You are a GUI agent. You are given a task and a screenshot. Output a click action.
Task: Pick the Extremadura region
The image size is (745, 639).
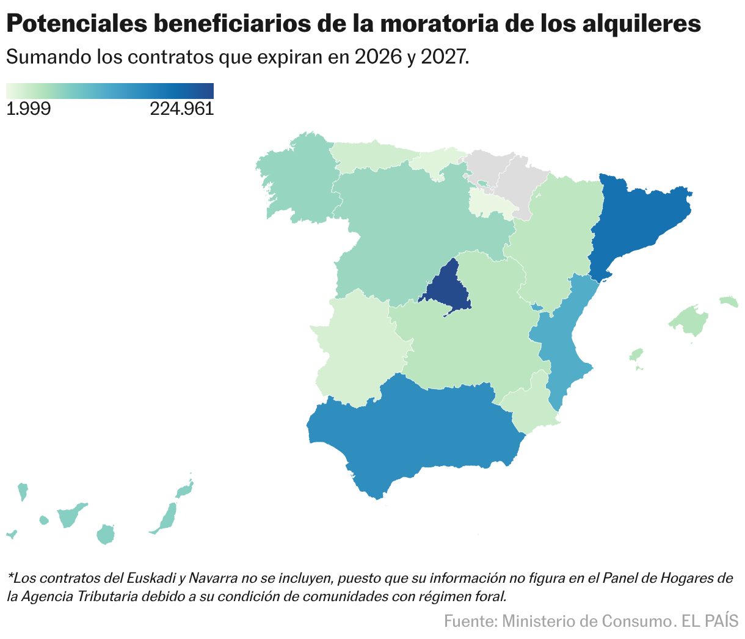[x=354, y=348]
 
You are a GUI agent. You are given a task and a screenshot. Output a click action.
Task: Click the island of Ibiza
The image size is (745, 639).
[x=636, y=356]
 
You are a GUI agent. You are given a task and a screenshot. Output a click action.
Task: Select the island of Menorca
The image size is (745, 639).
[x=729, y=301]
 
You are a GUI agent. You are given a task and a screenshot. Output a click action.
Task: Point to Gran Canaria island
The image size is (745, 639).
[x=106, y=534]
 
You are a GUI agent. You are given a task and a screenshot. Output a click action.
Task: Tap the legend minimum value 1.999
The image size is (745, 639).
[x=28, y=109]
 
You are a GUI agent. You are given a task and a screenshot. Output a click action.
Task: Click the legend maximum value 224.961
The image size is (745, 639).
[x=181, y=109]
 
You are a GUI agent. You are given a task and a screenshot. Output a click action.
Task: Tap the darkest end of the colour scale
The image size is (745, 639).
[x=209, y=90]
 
